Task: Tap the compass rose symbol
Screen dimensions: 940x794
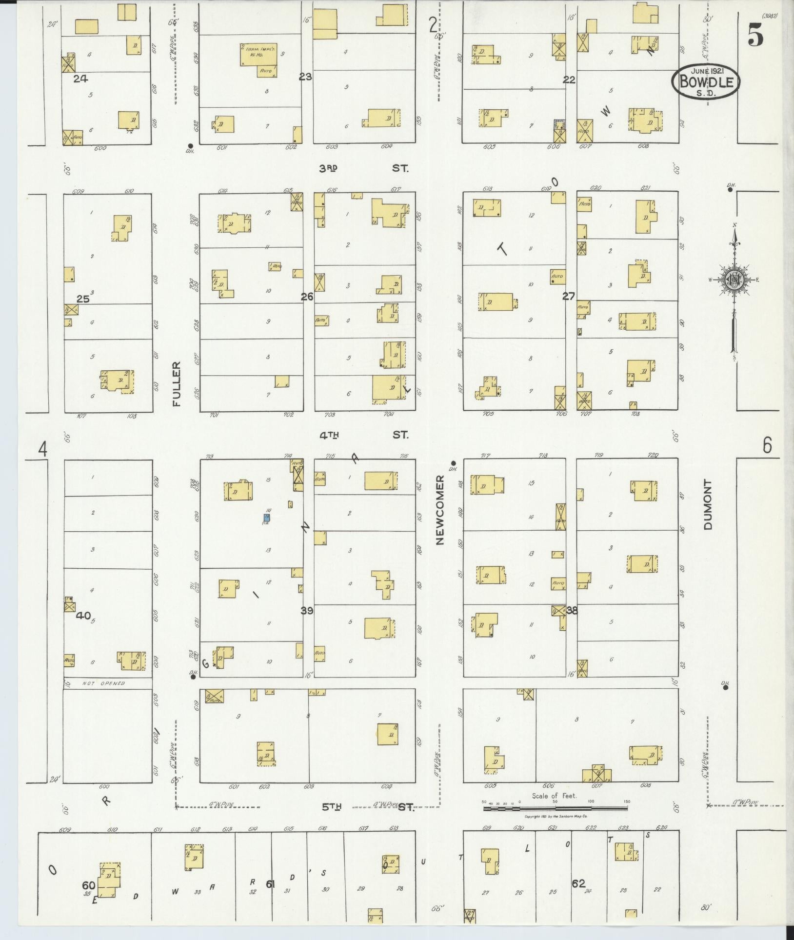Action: [x=733, y=280]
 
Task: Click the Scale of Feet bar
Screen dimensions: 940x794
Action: [x=555, y=808]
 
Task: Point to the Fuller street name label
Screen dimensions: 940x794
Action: [x=176, y=384]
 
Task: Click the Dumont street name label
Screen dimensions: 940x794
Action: [x=708, y=504]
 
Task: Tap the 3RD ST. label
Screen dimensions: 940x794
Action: [x=363, y=168]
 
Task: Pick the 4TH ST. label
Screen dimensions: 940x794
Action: [x=363, y=435]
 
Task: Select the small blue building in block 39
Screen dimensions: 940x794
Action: [x=267, y=517]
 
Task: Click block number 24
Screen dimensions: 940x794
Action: [x=80, y=78]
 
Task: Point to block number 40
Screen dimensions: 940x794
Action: [x=83, y=616]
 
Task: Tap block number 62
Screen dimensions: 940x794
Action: [x=578, y=882]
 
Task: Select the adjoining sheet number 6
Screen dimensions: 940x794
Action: [x=767, y=445]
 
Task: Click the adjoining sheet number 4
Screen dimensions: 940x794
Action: [x=43, y=449]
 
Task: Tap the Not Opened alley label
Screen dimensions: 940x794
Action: [x=103, y=683]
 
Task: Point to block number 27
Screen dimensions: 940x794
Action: [x=569, y=296]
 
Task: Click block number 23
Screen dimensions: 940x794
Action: [x=305, y=77]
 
